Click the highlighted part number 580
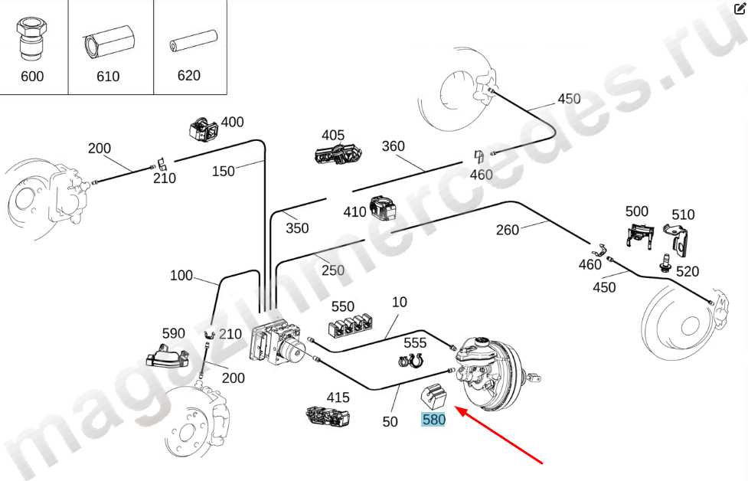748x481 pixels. coord(433,420)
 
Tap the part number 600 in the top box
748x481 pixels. coord(33,76)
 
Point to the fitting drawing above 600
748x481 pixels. coord(31,38)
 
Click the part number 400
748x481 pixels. coord(232,123)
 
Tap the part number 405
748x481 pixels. coord(333,136)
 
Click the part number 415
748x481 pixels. coord(338,398)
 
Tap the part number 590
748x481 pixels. coord(174,333)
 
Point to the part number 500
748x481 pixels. coord(637,211)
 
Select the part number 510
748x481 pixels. coord(683,214)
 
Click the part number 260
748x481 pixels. coord(508,229)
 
